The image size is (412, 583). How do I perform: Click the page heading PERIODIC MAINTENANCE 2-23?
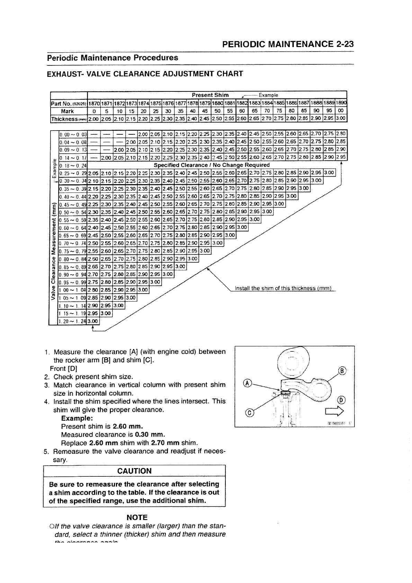(x=288, y=44)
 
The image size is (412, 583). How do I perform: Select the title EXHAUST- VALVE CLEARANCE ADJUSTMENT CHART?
(x=145, y=74)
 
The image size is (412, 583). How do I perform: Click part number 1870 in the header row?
(x=94, y=103)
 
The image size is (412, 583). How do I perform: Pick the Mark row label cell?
(x=68, y=111)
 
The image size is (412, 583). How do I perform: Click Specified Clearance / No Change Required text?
(x=212, y=165)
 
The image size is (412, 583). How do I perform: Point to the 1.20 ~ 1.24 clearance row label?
(x=73, y=322)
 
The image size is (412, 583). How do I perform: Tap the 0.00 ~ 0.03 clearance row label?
(x=73, y=134)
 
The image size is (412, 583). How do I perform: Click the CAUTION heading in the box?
(x=134, y=471)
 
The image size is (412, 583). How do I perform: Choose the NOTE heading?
(x=137, y=517)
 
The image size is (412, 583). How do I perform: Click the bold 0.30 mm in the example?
(x=150, y=434)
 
